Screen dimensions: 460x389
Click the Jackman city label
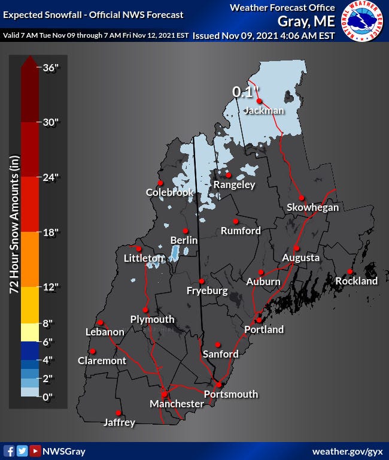264,111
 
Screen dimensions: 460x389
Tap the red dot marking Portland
259,320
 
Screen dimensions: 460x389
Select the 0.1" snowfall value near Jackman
247,92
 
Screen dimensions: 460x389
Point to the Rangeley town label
235,184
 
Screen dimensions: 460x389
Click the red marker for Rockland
350,271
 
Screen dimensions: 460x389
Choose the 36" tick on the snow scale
51,67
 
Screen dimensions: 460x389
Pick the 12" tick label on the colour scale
51,286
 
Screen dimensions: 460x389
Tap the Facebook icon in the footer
9,451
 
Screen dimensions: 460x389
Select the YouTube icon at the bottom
35,451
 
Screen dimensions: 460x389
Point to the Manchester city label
177,404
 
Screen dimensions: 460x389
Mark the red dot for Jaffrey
118,413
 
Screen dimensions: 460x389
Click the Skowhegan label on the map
312,207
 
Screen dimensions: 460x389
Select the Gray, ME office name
305,21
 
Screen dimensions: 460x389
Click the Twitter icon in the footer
22,451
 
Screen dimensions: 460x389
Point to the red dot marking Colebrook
160,183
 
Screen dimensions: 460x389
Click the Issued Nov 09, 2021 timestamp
263,35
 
